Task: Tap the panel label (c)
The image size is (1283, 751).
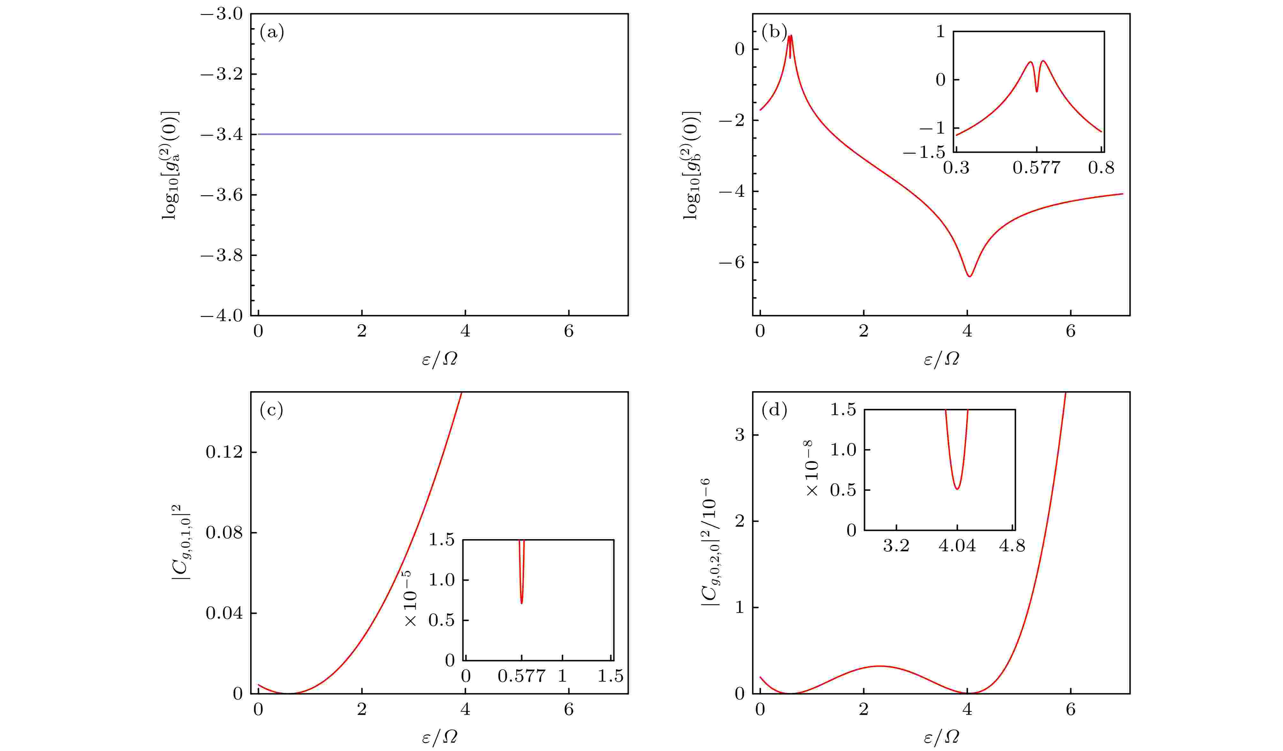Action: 271,410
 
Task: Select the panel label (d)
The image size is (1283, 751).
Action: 774,410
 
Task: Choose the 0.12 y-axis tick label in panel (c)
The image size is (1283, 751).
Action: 224,452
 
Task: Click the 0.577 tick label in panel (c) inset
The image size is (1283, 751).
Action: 521,677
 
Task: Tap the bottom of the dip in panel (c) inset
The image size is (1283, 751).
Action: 521,603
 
